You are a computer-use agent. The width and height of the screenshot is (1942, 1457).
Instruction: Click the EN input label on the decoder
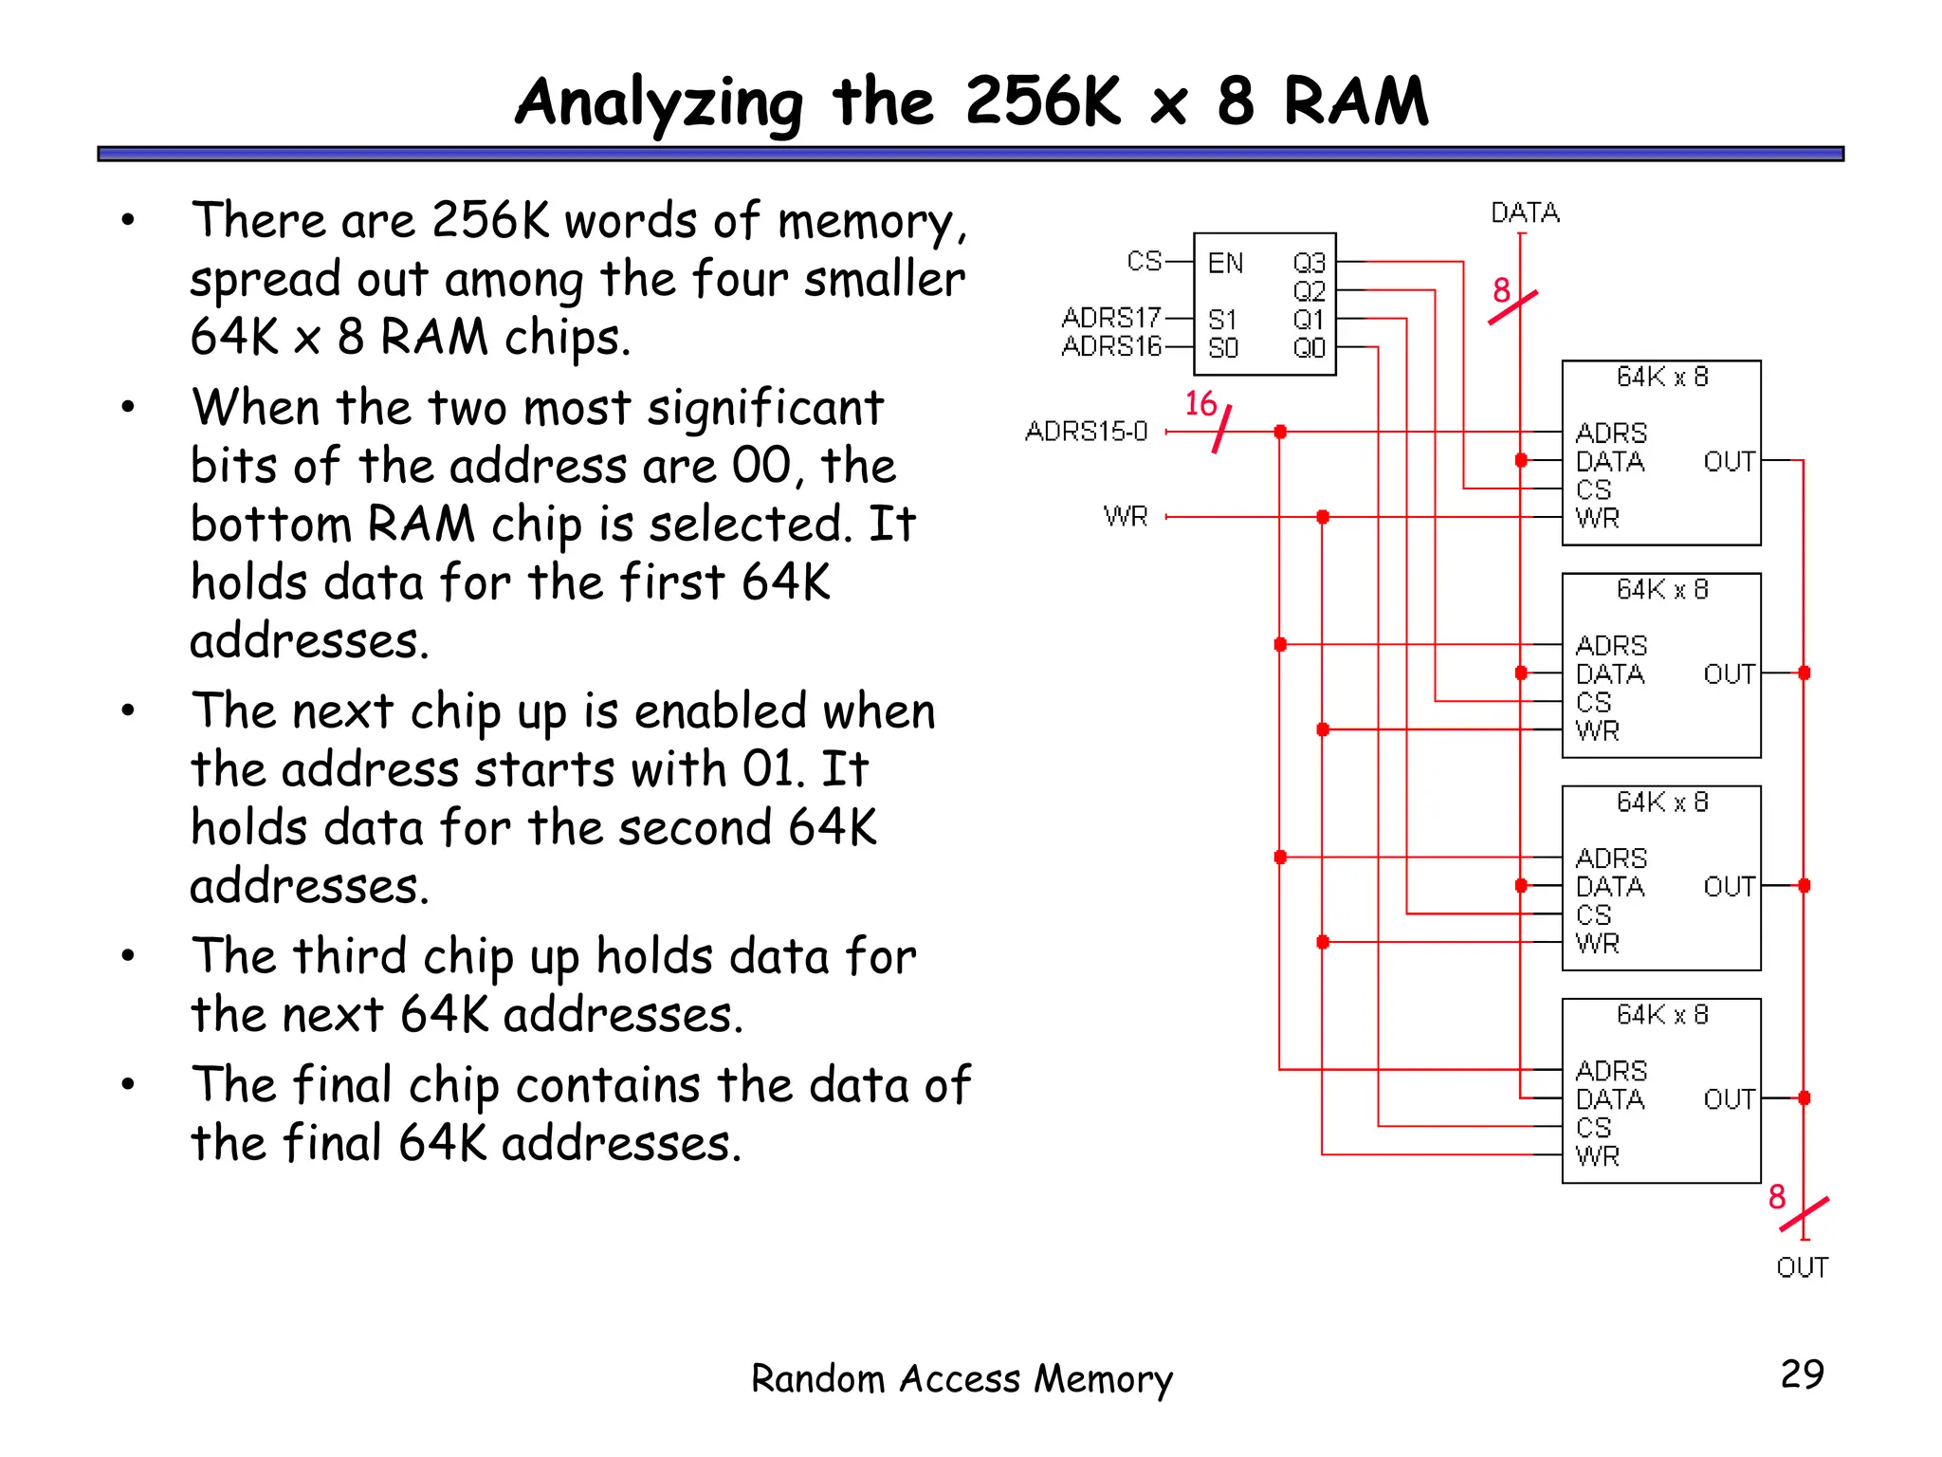coord(1224,263)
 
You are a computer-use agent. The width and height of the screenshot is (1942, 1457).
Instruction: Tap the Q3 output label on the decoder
coord(1309,263)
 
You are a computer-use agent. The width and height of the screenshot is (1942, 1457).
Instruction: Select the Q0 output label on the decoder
coord(1309,348)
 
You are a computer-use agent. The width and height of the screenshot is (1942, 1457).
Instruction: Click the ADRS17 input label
coord(1111,317)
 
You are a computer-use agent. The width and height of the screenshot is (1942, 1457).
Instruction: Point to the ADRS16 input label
coord(1111,346)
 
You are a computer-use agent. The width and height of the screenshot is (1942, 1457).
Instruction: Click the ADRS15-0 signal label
coord(1086,432)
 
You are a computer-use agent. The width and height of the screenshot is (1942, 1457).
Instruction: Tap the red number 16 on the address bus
coord(1200,404)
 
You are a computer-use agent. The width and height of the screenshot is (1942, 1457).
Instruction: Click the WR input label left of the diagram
coord(1126,517)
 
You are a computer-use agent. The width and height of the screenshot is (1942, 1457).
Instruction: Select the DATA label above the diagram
coord(1525,212)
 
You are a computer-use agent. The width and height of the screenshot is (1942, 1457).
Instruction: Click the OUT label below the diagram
coord(1802,1267)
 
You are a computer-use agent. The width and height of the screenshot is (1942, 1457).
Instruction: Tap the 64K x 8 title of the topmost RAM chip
coord(1661,378)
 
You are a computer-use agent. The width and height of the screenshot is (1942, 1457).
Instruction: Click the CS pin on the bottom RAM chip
coord(1593,1128)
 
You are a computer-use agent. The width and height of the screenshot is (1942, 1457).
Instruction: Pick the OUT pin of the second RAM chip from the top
coord(1728,674)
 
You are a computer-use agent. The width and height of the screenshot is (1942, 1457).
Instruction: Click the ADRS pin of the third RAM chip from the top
coord(1611,858)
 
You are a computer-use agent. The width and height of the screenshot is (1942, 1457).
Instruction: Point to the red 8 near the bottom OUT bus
coord(1777,1197)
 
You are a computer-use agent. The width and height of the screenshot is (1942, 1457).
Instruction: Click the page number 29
coord(1802,1374)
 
